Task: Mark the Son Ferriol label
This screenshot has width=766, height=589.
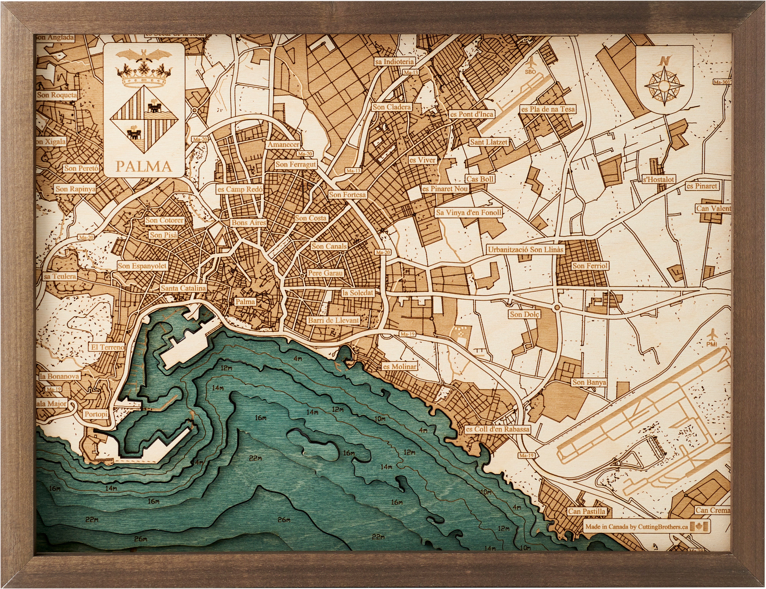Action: click(590, 266)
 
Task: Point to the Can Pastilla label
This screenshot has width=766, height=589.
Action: click(587, 512)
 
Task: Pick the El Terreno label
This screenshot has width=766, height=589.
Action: click(108, 347)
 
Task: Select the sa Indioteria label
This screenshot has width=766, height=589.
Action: click(394, 61)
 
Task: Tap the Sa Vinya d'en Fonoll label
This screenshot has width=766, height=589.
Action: click(468, 212)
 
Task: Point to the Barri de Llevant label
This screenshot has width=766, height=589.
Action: click(334, 320)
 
